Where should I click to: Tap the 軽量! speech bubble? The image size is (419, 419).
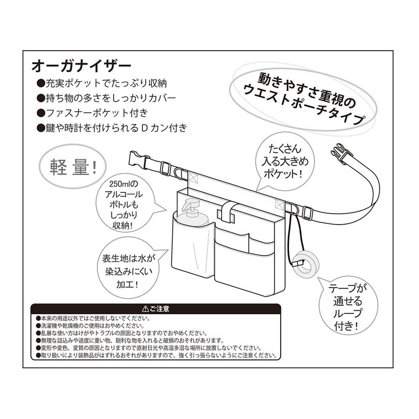[x=71, y=167]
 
